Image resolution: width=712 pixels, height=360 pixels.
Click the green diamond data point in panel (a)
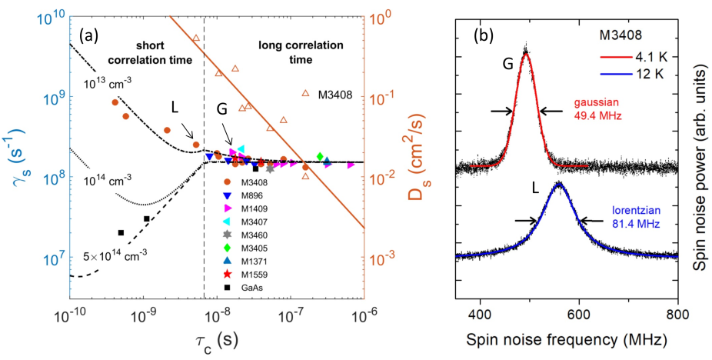click(320, 157)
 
